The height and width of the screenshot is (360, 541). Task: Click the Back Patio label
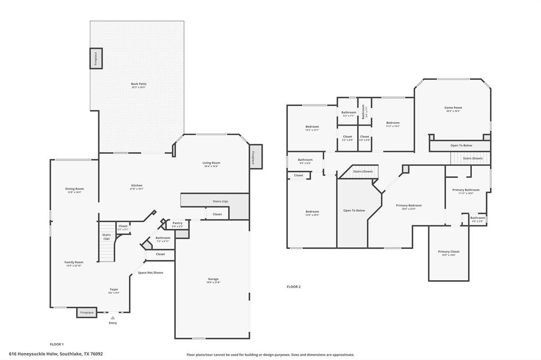pos(138,84)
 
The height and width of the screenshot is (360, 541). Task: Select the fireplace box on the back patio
pos(96,58)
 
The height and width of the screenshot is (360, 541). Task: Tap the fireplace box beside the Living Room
pos(256,157)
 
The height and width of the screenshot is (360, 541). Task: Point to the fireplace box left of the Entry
pos(87,312)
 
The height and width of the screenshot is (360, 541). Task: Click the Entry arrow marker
pos(112,318)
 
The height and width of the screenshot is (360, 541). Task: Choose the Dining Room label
pos(75,188)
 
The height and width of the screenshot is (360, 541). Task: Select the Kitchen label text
pos(137,185)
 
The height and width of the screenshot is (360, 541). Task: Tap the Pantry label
pos(178,223)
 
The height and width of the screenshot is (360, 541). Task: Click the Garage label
pos(213,279)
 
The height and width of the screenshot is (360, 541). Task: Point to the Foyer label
pos(114,289)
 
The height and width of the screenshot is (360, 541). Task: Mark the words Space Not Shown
pos(151,272)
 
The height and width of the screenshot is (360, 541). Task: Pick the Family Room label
pos(74,262)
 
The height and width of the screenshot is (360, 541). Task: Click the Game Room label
pos(453,107)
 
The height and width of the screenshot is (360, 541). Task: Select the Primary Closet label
pos(448,251)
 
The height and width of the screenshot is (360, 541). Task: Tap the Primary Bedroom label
pos(409,205)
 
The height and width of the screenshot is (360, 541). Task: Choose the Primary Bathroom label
pos(465,190)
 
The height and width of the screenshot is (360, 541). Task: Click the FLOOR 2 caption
pos(293,287)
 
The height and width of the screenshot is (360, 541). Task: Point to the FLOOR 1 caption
pos(57,344)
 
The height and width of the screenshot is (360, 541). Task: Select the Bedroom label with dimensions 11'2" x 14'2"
pos(393,122)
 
